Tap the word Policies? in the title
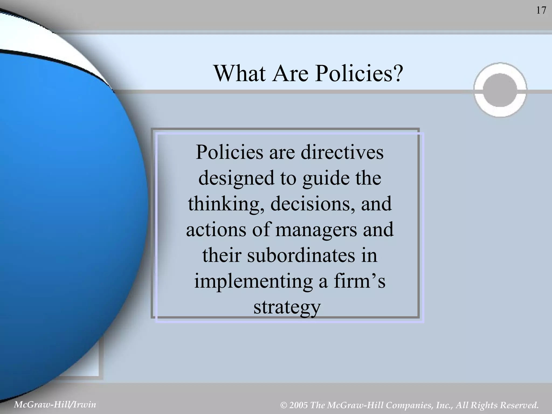pyautogui.click(x=359, y=73)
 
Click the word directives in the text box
pyautogui.click(x=342, y=152)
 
